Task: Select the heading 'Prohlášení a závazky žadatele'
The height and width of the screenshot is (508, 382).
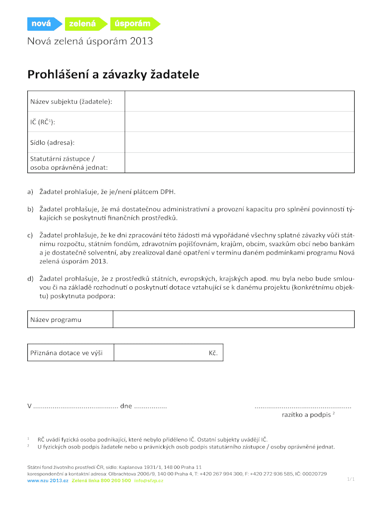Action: click(113, 75)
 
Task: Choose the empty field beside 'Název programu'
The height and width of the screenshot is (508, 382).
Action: click(234, 319)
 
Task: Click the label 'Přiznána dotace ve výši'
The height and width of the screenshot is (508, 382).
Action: click(67, 353)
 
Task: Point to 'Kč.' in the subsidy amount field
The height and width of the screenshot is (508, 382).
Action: click(213, 353)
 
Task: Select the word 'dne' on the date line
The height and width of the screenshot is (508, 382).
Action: click(126, 406)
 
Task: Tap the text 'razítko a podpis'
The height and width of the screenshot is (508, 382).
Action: click(302, 415)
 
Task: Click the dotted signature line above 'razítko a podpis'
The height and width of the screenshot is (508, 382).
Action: click(303, 407)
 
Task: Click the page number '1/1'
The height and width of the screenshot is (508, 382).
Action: click(351, 480)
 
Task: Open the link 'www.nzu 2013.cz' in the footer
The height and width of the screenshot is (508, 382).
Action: click(48, 481)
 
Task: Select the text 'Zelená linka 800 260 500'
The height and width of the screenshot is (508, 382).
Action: click(101, 481)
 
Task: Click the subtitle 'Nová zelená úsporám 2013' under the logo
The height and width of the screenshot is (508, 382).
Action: click(90, 42)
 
